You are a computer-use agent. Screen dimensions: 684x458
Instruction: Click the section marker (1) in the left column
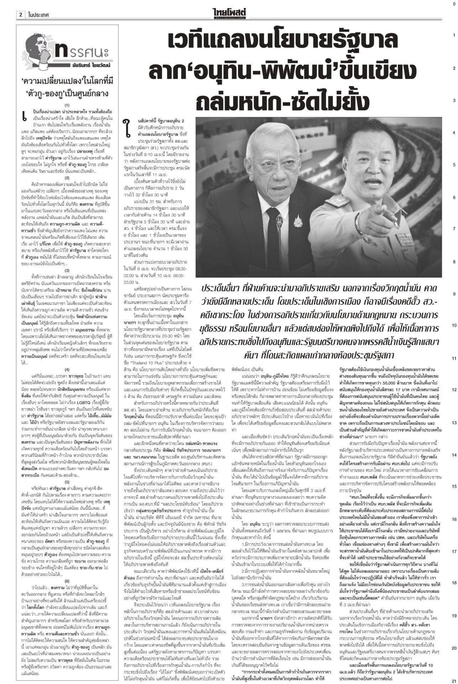click(x=67, y=95)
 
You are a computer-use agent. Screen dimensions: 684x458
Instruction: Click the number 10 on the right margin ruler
click(x=454, y=325)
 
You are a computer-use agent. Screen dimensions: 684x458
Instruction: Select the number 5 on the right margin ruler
click(x=454, y=165)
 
